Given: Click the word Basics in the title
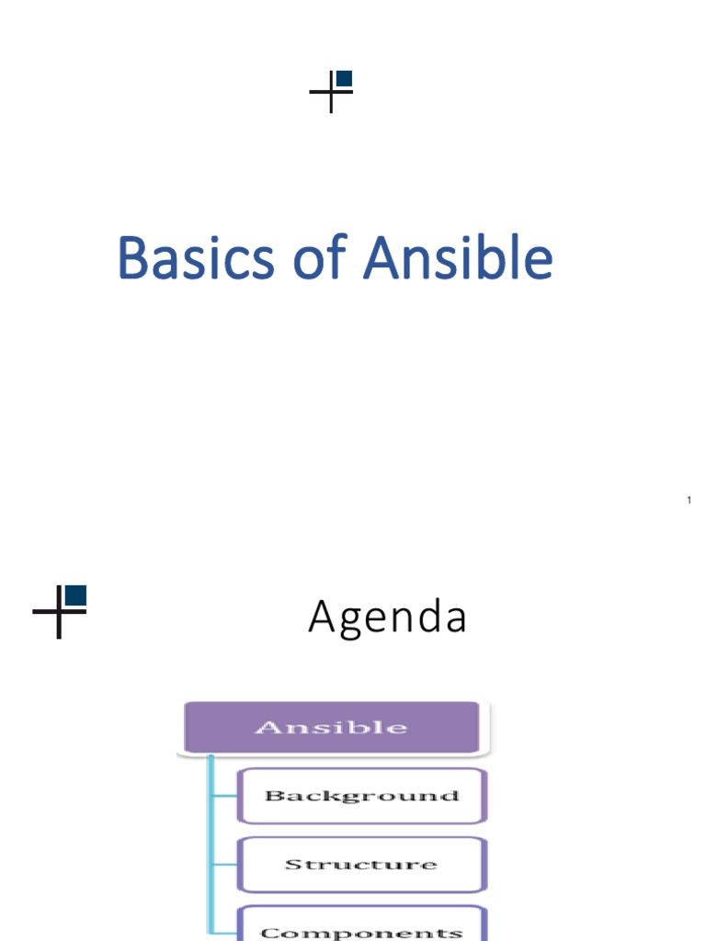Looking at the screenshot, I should tap(195, 259).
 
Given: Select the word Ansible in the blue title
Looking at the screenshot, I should tap(458, 259).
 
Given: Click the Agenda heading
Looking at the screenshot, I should tap(387, 618).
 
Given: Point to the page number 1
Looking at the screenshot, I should tap(689, 501).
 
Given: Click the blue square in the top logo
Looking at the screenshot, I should tap(345, 79).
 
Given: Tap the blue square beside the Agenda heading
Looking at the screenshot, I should tap(76, 595).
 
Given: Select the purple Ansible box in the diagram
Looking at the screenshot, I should tap(331, 727).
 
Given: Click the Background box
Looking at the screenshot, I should tap(361, 796).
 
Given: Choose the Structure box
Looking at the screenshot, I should tap(361, 864).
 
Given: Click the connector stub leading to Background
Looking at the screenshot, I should tap(225, 796).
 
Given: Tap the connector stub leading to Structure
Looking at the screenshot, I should tap(225, 864).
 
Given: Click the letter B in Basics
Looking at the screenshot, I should tap(132, 259).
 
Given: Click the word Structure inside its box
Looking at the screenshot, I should tap(361, 864).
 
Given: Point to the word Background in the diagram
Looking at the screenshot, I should tap(361, 796).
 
